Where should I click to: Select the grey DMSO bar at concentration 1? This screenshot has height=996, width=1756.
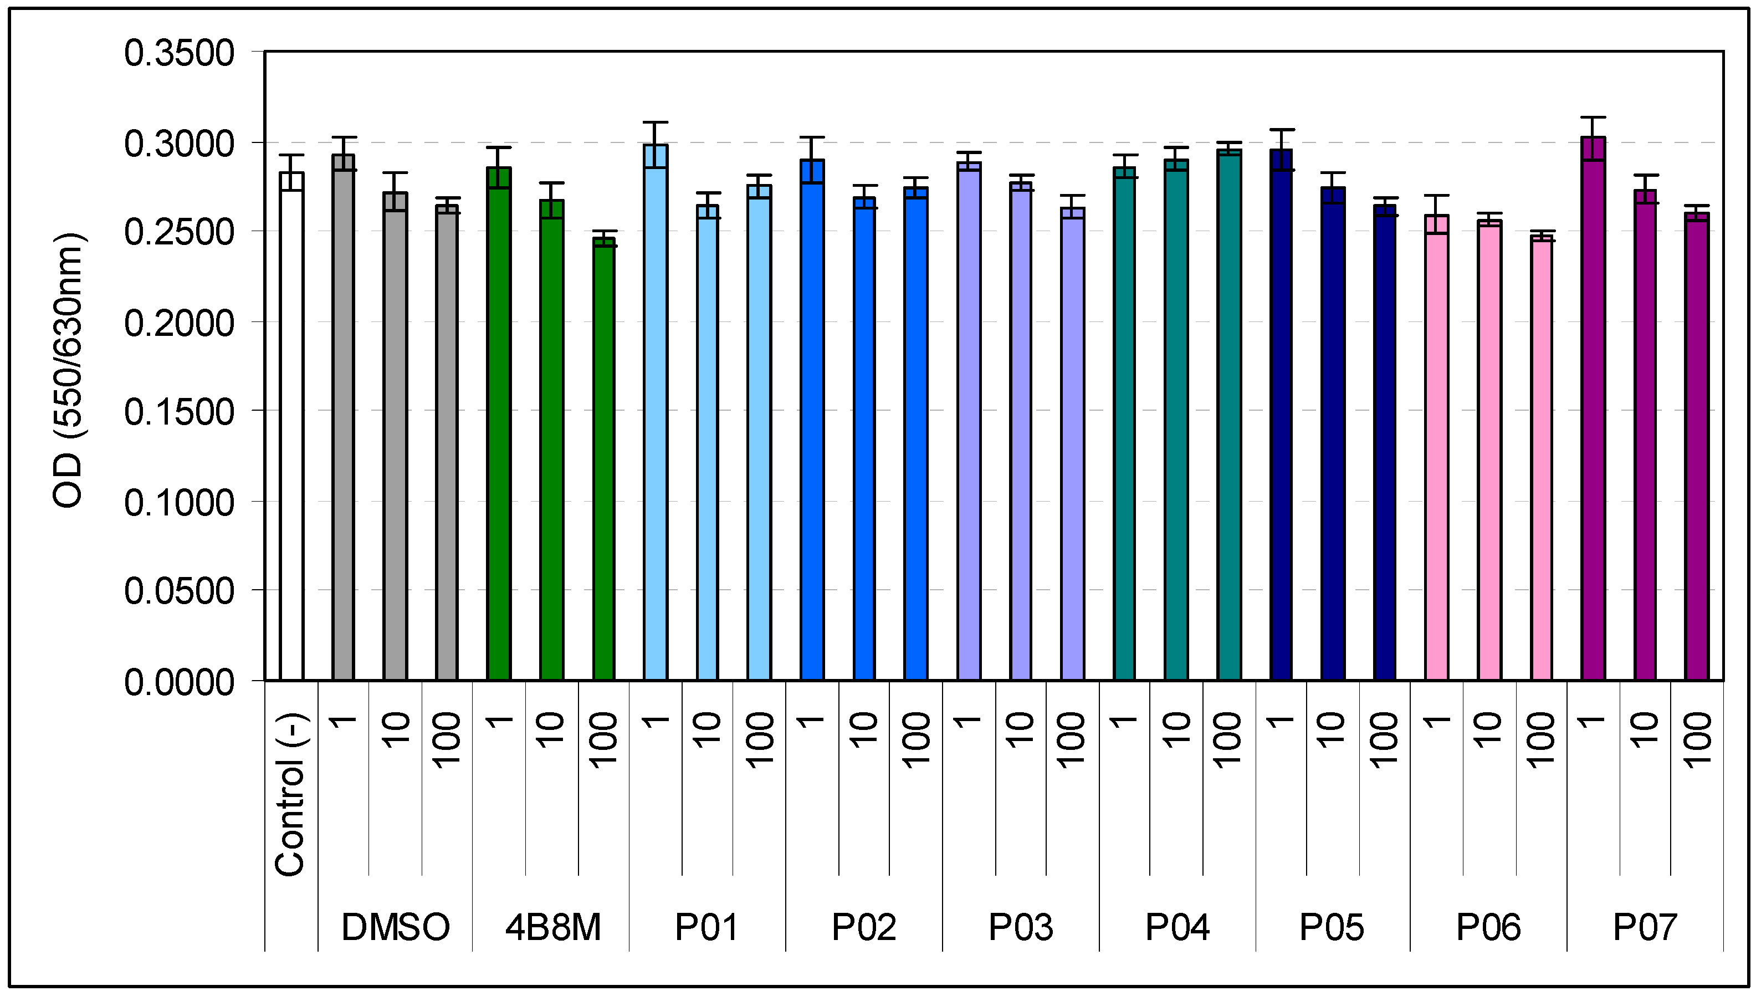click(343, 417)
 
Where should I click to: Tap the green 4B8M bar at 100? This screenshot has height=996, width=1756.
click(604, 458)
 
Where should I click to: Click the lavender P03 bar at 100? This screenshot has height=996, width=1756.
click(1072, 444)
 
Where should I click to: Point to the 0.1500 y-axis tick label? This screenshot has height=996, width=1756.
click(179, 412)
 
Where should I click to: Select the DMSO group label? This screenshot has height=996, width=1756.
click(395, 927)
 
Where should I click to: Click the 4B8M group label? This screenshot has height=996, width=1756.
click(552, 927)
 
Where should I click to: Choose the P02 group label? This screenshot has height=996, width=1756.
click(864, 927)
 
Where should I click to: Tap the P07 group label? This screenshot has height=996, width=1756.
click(1645, 927)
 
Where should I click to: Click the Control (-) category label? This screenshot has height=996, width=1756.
click(290, 794)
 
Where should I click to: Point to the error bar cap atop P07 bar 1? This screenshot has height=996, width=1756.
click(1593, 118)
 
